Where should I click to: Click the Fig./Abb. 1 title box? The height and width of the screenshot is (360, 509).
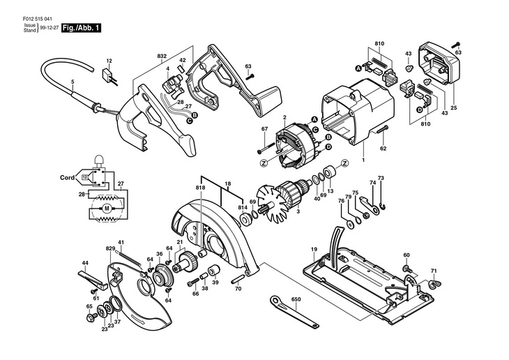coord(81,28)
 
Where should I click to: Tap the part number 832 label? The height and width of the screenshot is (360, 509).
coord(162,57)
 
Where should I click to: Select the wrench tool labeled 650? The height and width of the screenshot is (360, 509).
coord(294,312)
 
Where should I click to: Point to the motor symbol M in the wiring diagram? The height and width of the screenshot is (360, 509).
coord(107,208)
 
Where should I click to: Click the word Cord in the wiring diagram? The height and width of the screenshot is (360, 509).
coord(67,177)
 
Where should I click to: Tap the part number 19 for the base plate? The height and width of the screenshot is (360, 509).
coord(314,250)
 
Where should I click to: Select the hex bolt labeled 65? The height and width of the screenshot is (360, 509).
coord(91,316)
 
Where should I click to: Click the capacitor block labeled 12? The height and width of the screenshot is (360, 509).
coord(107,75)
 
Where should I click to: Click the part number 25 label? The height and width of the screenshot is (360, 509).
coord(453,108)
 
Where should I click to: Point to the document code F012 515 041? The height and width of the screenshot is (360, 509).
coord(38,19)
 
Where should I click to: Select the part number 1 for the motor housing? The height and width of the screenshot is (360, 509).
coord(363,160)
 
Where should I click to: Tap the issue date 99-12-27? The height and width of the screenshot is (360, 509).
coord(50,28)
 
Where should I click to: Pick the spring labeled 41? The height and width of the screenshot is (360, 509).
coord(130,260)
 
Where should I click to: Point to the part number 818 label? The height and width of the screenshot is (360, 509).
coord(201,188)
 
